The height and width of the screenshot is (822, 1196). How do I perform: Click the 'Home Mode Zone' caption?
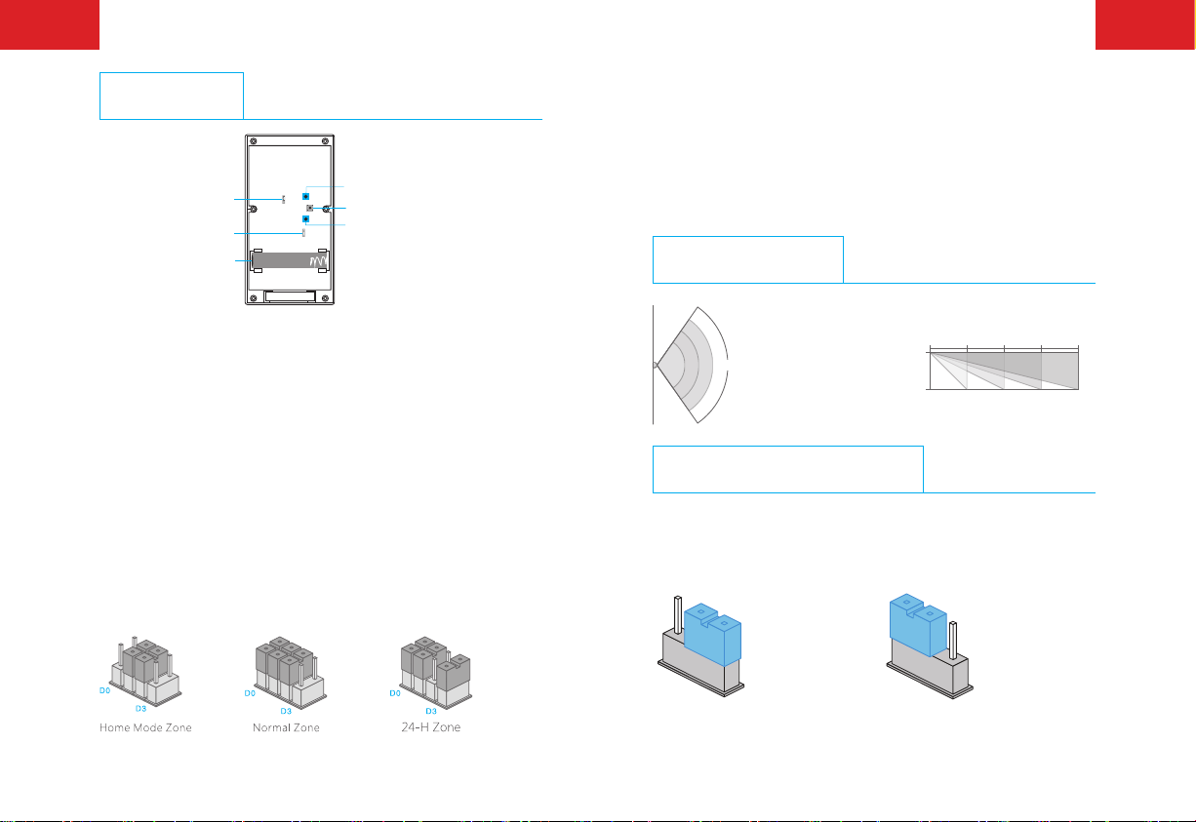[145, 728]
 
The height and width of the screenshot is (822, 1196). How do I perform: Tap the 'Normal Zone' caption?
[286, 728]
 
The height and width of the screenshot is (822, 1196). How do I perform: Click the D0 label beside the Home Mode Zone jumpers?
[104, 690]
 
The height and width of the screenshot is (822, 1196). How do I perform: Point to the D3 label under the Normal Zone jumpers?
[286, 711]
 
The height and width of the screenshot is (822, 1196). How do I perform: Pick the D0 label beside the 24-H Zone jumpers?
[394, 692]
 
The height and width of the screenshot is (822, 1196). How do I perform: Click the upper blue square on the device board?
[305, 197]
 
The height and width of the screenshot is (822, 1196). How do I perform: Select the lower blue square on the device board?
[305, 219]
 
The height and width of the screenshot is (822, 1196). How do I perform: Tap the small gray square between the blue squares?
[309, 209]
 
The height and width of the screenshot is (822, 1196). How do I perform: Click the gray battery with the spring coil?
[291, 261]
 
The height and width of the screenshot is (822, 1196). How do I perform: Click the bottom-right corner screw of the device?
[324, 298]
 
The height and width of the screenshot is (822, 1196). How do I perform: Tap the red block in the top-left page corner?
[50, 24]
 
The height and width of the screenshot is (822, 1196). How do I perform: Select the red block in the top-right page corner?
[1145, 24]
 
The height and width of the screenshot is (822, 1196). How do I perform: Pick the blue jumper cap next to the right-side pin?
[918, 625]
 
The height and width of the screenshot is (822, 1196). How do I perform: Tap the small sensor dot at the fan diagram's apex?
[656, 366]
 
